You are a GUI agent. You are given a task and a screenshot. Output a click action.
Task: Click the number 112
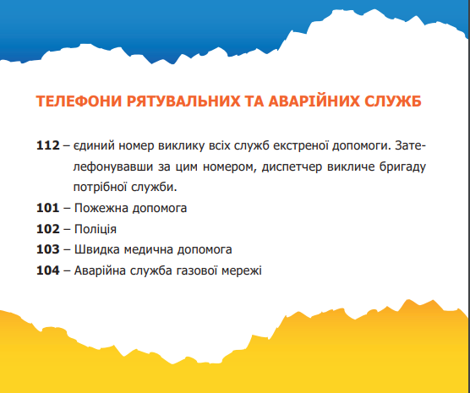tap(48, 145)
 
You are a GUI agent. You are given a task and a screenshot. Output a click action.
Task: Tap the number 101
tap(48, 207)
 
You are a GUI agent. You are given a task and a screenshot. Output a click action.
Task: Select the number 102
tap(48, 228)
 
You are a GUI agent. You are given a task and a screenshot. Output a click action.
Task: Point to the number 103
tap(48, 249)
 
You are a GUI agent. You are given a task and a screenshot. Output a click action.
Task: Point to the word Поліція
tap(96, 228)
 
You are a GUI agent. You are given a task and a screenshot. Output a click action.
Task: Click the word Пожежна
tap(101, 207)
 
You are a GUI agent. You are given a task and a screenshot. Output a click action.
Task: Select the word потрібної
tap(102, 186)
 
